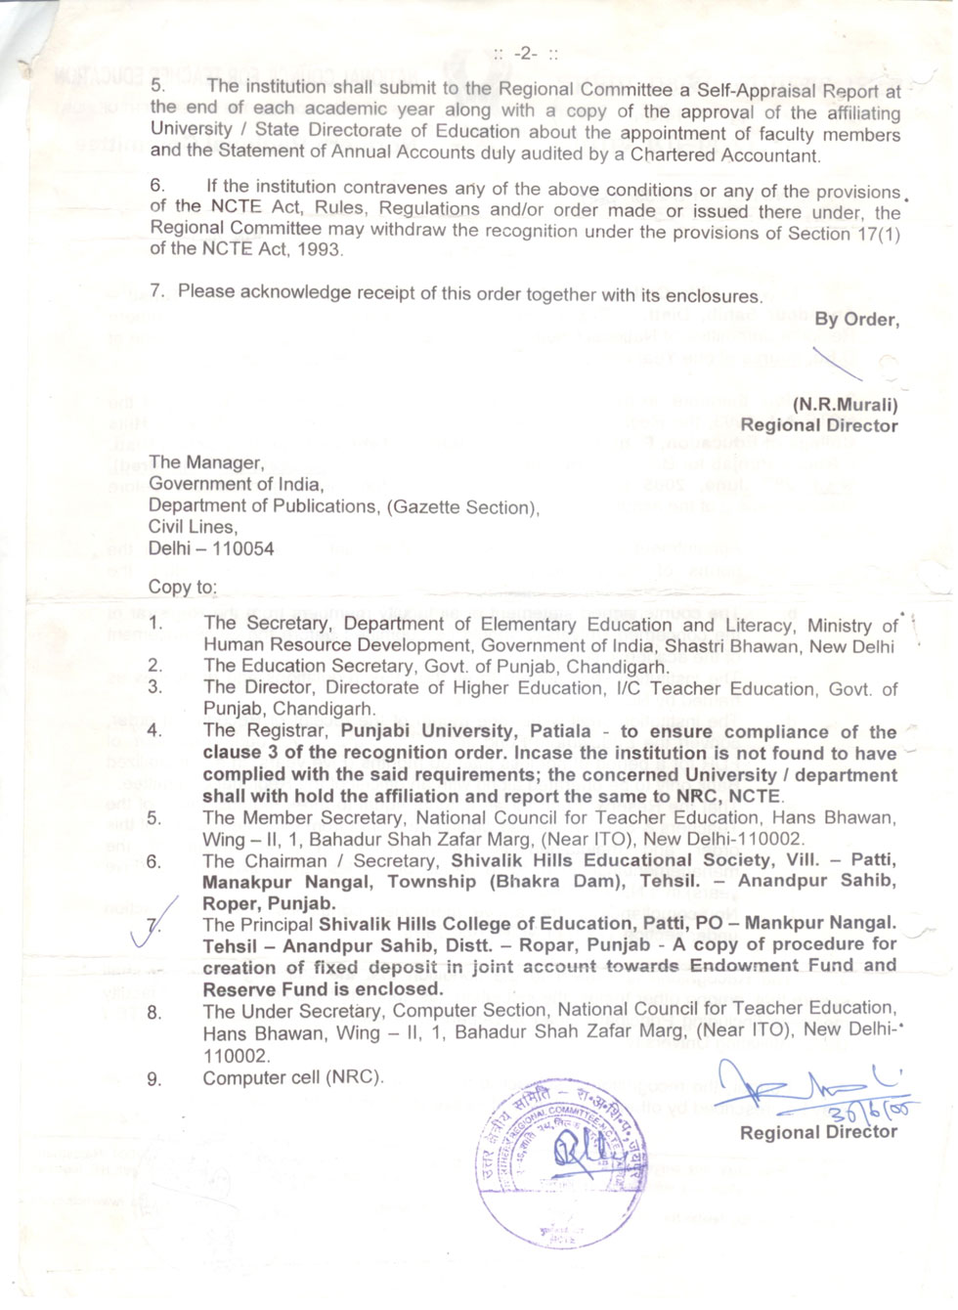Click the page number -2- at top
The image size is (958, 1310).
[526, 53]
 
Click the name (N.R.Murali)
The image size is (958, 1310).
[845, 404]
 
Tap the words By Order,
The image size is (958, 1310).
[856, 319]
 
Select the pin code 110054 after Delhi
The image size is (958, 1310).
[242, 548]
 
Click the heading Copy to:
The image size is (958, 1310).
[183, 588]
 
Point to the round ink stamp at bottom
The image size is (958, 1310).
[561, 1163]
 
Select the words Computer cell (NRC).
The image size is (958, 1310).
[293, 1077]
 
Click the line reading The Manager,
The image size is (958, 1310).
[206, 462]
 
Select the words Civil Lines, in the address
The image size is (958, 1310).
[193, 526]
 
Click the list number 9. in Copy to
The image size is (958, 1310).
[154, 1079]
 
